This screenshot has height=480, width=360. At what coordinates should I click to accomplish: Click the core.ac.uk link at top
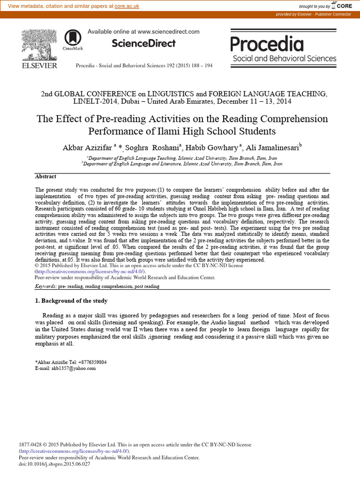[116, 6]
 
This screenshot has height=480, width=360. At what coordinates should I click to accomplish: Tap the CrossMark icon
[72, 38]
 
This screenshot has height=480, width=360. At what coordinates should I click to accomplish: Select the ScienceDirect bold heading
[143, 44]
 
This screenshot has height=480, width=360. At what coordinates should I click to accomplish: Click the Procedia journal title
[267, 44]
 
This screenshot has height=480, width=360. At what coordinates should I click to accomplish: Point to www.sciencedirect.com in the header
[168, 32]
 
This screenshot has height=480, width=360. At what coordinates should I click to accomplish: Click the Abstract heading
[46, 177]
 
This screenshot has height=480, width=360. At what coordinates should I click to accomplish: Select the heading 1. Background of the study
[71, 301]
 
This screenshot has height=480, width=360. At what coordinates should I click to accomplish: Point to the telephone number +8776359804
[90, 362]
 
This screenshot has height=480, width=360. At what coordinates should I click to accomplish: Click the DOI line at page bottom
[54, 464]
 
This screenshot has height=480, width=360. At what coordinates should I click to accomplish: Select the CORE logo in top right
[342, 6]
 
